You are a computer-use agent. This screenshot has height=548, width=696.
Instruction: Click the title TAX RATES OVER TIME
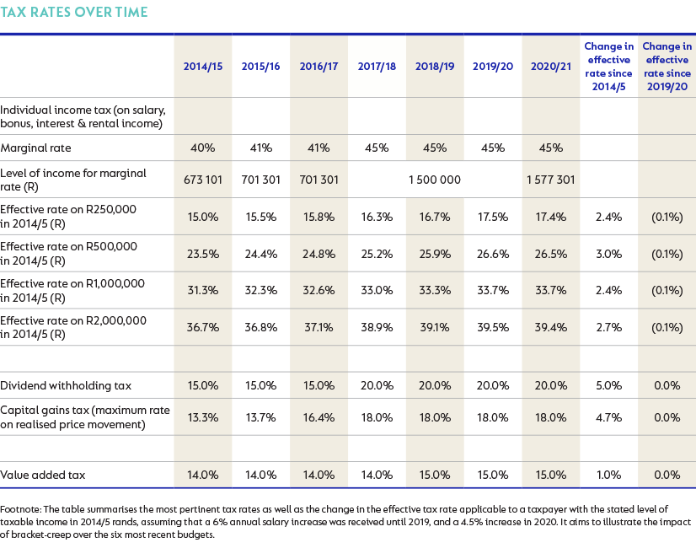point(73,12)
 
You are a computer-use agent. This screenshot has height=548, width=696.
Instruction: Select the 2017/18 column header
point(377,67)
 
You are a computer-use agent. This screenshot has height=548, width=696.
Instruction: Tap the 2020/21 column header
point(551,67)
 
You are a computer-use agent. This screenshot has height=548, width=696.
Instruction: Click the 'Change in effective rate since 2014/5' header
point(608,66)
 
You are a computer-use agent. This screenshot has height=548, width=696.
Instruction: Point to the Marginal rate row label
point(35,148)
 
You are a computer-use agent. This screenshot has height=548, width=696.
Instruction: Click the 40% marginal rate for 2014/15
point(203,148)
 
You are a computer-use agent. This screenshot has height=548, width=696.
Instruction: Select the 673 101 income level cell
point(203,180)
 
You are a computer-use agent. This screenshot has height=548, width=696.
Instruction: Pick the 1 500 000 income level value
point(435,180)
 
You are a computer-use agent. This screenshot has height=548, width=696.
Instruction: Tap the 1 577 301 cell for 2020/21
point(551,180)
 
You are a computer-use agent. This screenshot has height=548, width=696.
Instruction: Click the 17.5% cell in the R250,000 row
point(493,218)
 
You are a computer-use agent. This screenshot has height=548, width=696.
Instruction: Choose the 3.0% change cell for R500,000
point(608,254)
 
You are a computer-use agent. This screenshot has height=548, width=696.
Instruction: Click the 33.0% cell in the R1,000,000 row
point(377,290)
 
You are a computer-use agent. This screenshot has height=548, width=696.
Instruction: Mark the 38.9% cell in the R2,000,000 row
point(377,327)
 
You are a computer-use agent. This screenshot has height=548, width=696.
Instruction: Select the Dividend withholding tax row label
point(66,385)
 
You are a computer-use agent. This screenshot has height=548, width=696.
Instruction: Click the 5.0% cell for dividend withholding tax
point(608,385)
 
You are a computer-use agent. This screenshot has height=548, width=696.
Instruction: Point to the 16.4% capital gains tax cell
point(319,417)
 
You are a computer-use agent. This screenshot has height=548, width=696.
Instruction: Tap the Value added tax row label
point(43,475)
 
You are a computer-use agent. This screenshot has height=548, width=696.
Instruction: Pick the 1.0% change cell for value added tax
point(608,475)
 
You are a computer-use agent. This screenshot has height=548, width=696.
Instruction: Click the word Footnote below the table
point(20,509)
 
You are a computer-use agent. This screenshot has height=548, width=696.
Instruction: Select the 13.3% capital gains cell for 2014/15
point(203,417)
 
